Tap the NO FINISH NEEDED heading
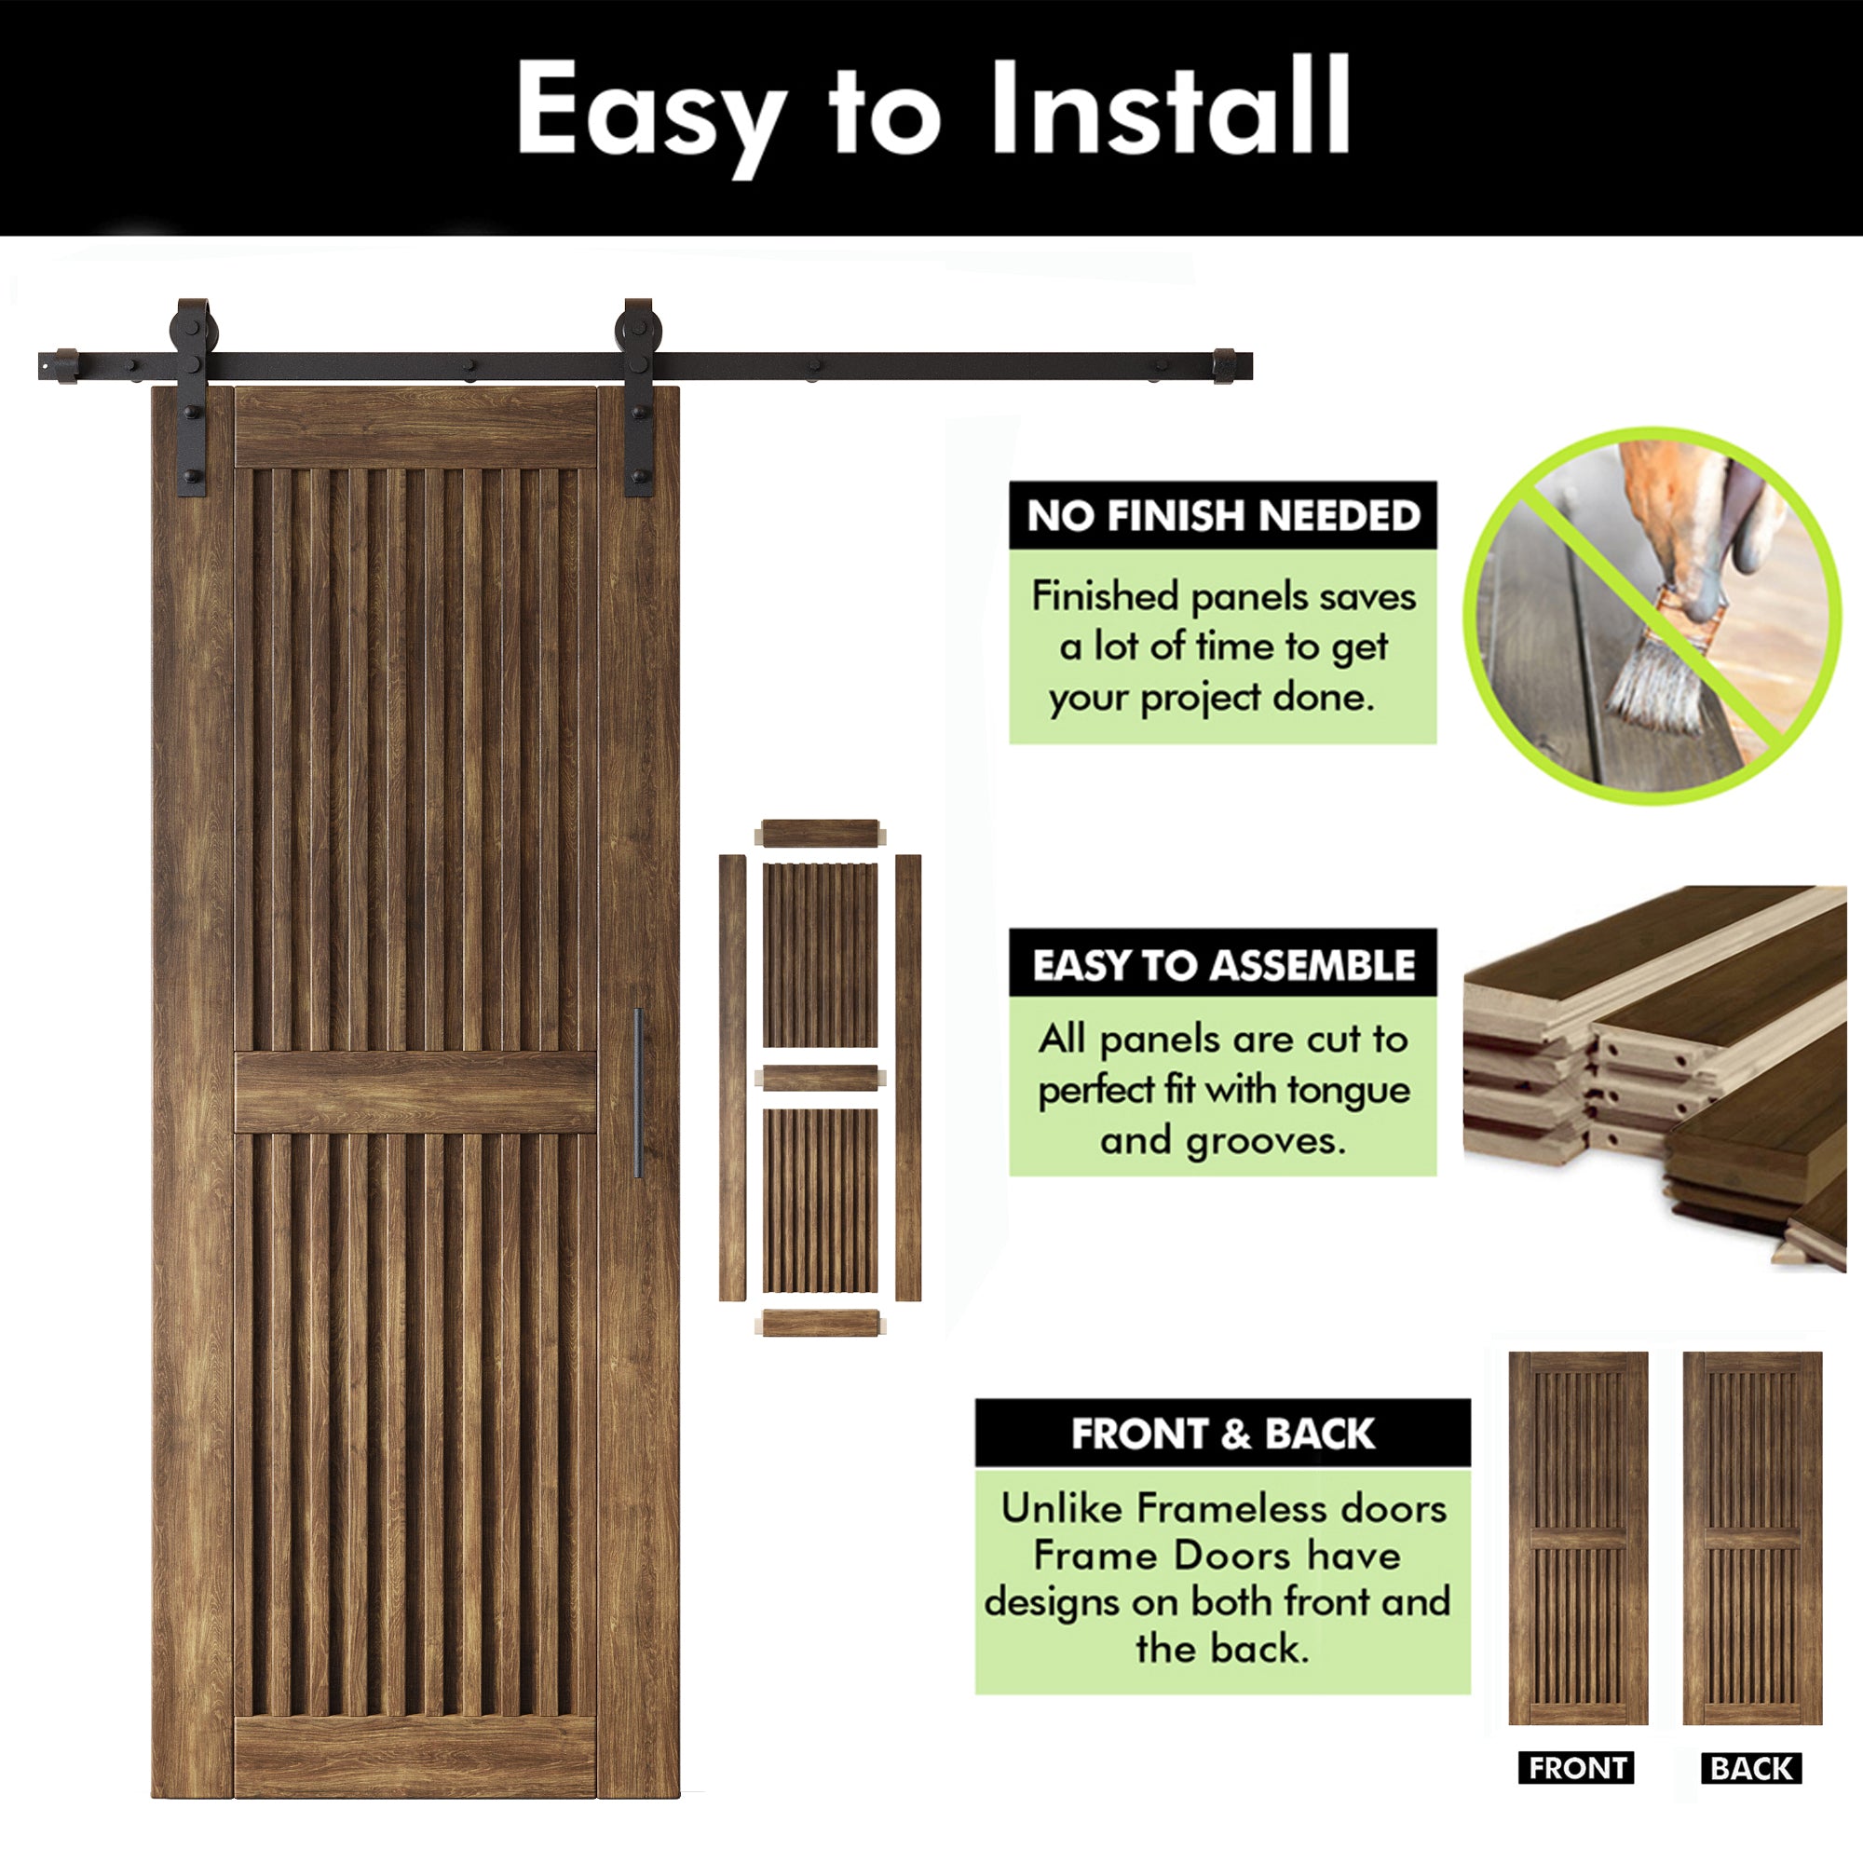(1223, 515)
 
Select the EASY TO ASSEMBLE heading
(1223, 964)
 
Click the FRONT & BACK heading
(1223, 1434)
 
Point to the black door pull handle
(637, 1093)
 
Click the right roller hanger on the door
(636, 395)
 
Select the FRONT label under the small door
(1578, 1769)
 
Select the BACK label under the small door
(1751, 1769)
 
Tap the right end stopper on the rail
(1224, 365)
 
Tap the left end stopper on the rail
(65, 365)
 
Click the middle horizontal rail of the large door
(415, 1092)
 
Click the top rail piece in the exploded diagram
(820, 833)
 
